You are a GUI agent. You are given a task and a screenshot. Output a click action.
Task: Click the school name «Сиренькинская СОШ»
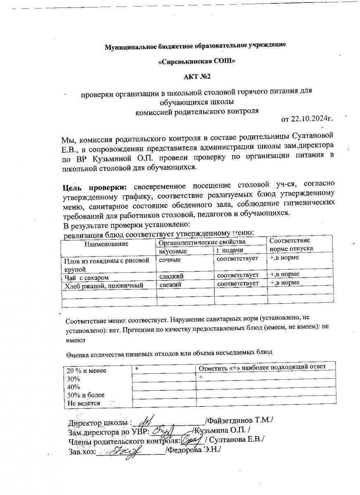(x=197, y=61)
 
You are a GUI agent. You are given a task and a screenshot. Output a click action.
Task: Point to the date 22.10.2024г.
(x=313, y=120)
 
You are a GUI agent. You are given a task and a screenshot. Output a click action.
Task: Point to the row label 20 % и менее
(x=86, y=370)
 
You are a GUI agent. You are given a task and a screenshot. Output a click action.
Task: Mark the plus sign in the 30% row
(x=201, y=377)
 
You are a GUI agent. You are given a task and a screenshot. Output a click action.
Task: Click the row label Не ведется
(x=84, y=403)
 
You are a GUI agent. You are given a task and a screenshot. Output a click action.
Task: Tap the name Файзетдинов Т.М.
(x=241, y=421)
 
